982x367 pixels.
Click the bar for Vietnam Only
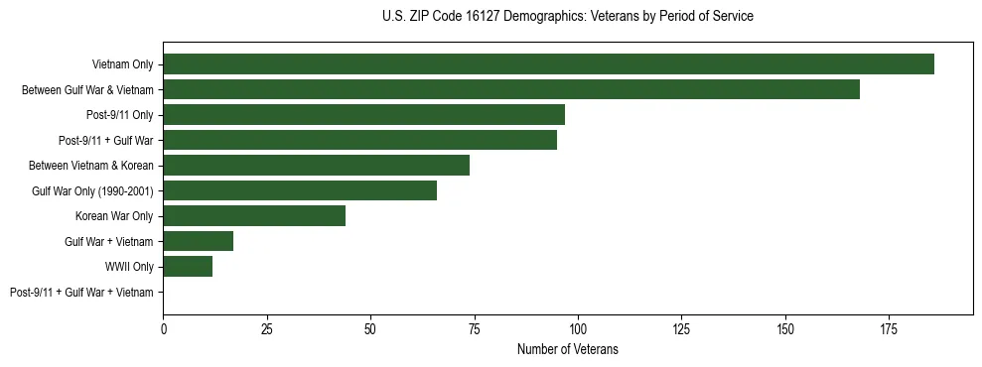click(548, 64)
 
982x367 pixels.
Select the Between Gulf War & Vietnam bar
click(511, 89)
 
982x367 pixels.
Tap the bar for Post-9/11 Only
click(363, 115)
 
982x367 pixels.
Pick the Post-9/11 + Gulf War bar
click(359, 140)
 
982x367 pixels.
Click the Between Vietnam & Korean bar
click(316, 166)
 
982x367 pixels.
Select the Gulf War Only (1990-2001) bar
click(300, 190)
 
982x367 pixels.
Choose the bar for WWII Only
click(188, 267)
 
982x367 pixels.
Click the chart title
click(567, 17)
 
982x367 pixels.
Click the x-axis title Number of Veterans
click(567, 349)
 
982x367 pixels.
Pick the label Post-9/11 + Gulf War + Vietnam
click(81, 293)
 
